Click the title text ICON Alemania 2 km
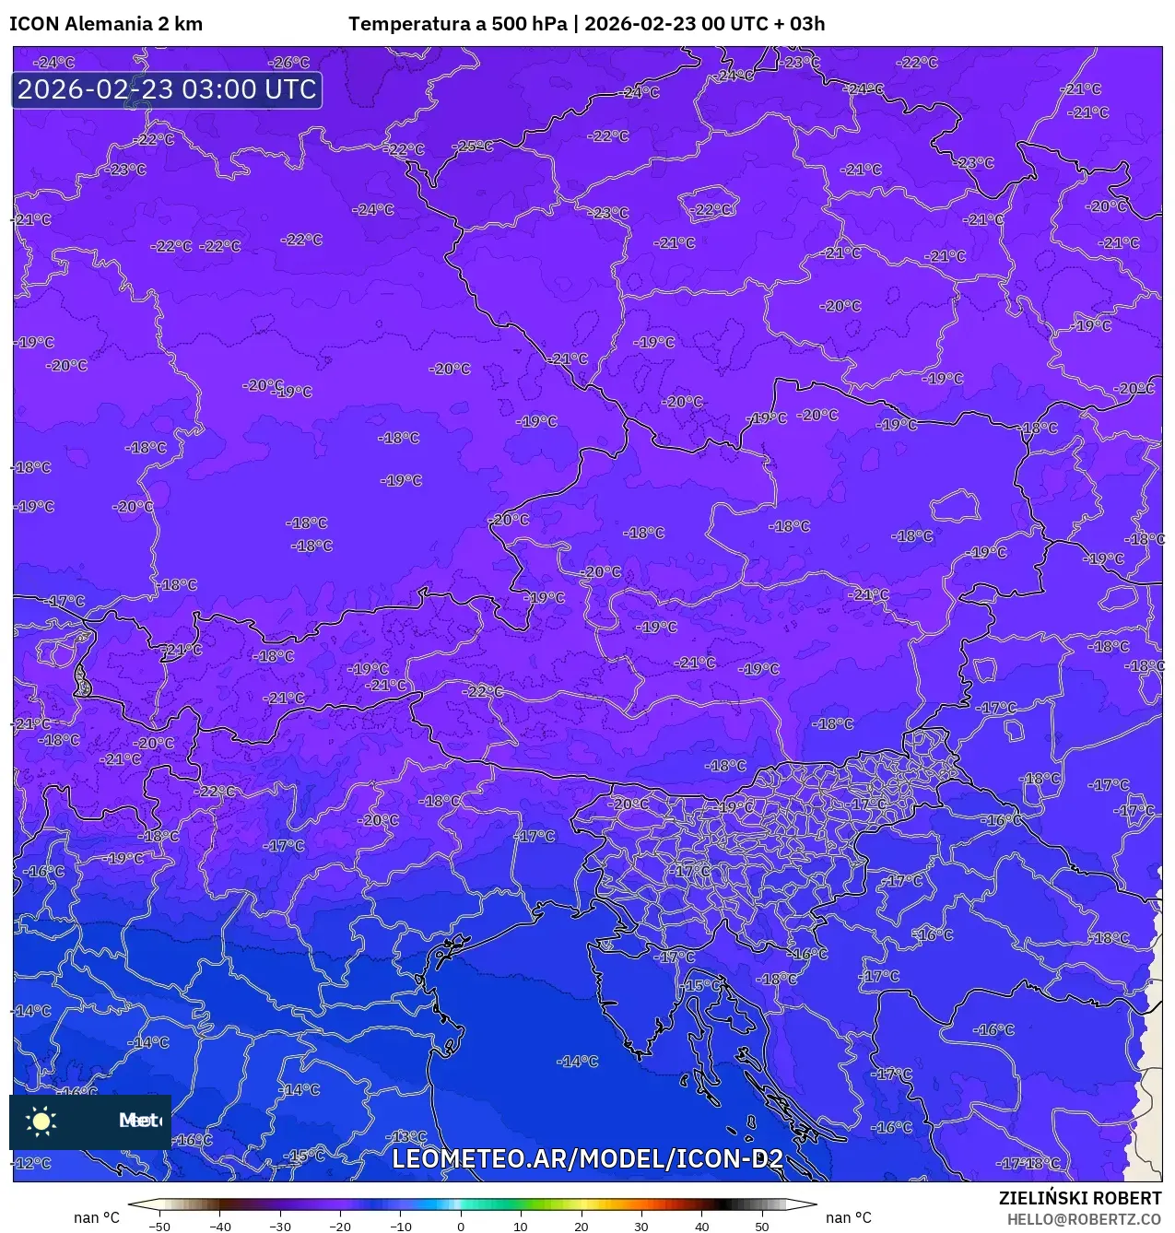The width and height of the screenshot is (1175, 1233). pos(106,24)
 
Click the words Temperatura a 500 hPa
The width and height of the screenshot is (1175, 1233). pos(458,24)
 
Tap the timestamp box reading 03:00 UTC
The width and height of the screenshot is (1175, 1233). pos(167,90)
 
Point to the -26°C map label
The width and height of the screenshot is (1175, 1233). pos(289,63)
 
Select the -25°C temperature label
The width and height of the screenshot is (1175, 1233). pos(474,147)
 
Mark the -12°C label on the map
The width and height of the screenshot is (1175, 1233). pos(33,1163)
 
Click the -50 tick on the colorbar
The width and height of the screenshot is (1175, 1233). pos(159,1226)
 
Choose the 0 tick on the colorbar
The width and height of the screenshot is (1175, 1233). pos(461,1226)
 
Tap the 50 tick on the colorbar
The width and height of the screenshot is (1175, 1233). pos(762,1226)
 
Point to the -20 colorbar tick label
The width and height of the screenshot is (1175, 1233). pos(340,1226)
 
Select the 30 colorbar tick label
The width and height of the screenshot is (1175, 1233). pos(641,1226)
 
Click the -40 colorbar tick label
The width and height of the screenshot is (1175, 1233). pos(219,1226)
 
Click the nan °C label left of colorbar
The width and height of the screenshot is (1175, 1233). pos(97,1218)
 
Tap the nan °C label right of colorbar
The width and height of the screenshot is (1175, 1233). pos(849,1218)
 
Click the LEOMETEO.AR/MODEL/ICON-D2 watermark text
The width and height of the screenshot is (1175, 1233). pos(588,1158)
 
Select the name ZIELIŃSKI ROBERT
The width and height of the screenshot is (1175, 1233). pos(1080,1198)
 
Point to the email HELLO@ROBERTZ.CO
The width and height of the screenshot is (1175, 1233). pos(1084,1219)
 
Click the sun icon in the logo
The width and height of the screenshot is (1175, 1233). pos(41,1121)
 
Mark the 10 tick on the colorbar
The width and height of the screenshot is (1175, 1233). pos(521,1226)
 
